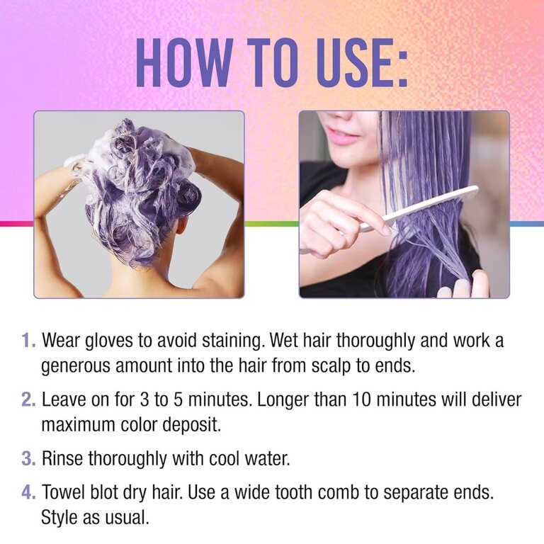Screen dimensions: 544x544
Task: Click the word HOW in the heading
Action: coord(184,62)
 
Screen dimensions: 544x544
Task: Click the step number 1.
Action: coord(28,340)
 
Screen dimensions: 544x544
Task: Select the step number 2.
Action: coord(28,399)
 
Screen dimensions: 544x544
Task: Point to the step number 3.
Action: coord(28,458)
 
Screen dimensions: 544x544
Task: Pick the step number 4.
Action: coord(28,492)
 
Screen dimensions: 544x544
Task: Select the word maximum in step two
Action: coord(78,425)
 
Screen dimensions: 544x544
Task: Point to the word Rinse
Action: coord(62,458)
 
